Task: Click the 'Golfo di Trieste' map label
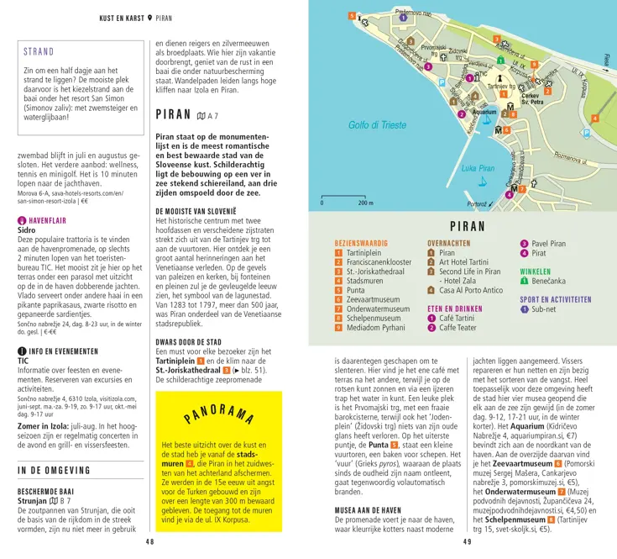point(377,125)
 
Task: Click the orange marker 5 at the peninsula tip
point(353,17)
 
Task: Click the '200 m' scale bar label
point(366,203)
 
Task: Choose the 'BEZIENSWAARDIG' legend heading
point(361,242)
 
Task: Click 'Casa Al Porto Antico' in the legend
point(471,290)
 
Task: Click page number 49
point(466,542)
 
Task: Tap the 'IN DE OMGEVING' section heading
point(55,471)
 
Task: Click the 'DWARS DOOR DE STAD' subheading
point(196,342)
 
